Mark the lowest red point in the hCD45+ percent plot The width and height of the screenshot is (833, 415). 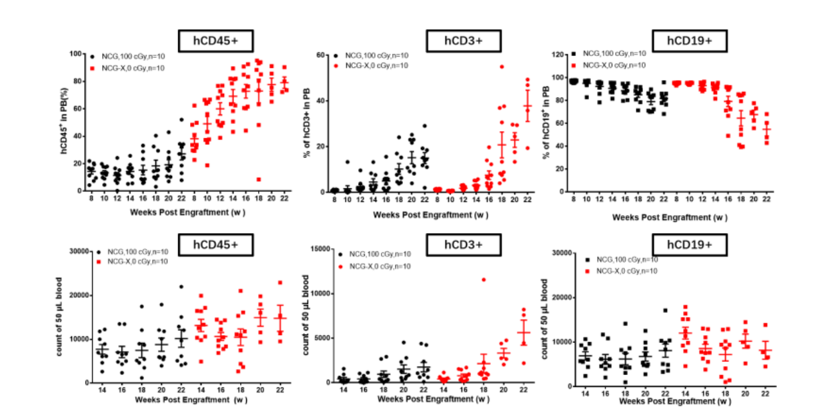(x=258, y=179)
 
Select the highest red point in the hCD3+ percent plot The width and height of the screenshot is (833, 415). (x=501, y=67)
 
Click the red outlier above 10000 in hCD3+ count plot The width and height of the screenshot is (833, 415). (x=484, y=280)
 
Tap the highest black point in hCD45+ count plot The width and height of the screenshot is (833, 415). (x=181, y=286)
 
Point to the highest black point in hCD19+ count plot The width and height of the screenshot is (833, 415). (x=665, y=310)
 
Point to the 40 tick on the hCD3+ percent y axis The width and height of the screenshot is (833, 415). (x=319, y=101)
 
